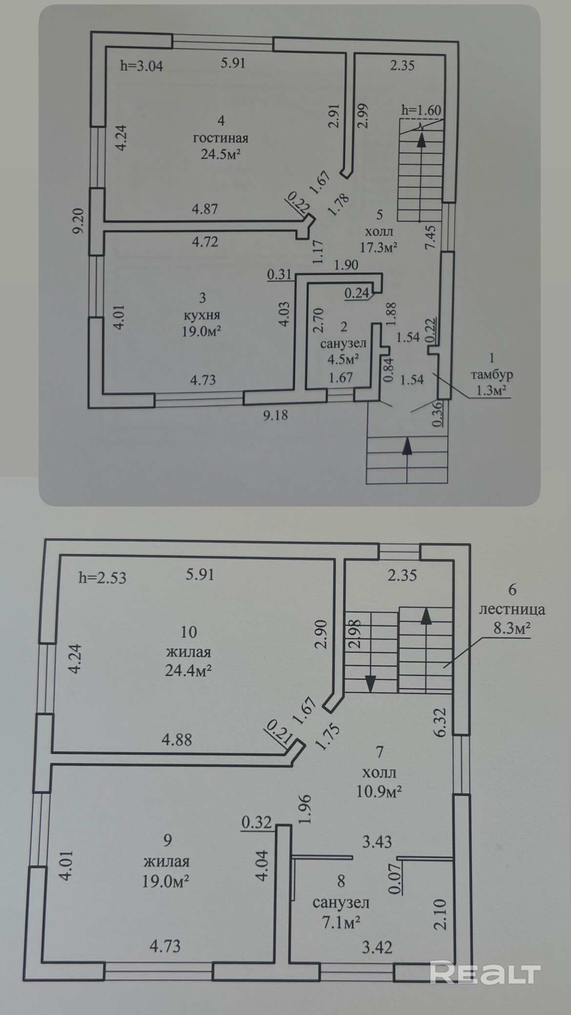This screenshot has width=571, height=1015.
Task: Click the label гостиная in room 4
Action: click(x=221, y=138)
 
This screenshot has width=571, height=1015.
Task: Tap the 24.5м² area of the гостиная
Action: click(x=221, y=155)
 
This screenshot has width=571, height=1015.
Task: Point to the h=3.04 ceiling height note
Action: click(x=142, y=66)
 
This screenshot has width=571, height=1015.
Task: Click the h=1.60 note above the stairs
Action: click(x=421, y=110)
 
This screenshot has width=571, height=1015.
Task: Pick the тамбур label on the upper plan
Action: click(x=491, y=375)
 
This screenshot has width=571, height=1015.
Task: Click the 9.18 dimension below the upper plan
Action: click(x=275, y=415)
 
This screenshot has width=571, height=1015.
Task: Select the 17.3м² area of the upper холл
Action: click(x=379, y=247)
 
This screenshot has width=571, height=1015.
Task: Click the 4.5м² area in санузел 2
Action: click(x=343, y=360)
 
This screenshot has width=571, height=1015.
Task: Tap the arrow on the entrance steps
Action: click(x=407, y=446)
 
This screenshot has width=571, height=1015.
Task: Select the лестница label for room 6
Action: click(x=512, y=609)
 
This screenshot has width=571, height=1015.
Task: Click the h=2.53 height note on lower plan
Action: click(x=102, y=578)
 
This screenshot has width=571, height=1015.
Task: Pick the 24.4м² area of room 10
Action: click(x=188, y=671)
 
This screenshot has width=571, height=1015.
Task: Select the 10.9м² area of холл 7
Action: click(x=379, y=791)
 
